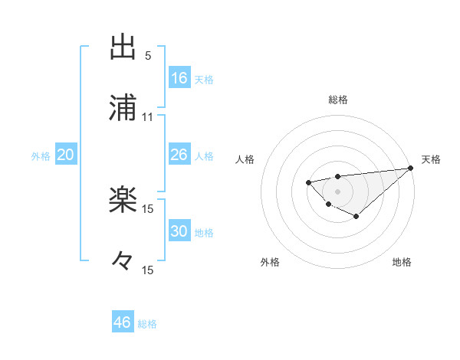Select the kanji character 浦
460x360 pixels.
coord(123,109)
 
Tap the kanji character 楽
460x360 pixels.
coord(123,201)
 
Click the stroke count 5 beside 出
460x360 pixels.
coord(148,56)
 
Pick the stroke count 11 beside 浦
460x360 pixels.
coord(148,117)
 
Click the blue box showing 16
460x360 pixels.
coord(179,78)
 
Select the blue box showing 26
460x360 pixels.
coord(179,155)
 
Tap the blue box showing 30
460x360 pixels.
coord(179,231)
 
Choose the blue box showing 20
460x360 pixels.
coord(65,155)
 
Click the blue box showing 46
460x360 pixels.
coord(123,322)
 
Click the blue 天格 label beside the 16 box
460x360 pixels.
coord(204,79)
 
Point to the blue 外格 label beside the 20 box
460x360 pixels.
coord(41,155)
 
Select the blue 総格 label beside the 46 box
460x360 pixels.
coord(147,323)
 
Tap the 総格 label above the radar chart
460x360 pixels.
coord(337,100)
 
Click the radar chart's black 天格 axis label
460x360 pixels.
coord(432,159)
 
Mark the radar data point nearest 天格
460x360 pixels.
coord(410,169)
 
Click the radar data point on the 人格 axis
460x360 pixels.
coord(308,182)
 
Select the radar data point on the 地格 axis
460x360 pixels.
coord(356,217)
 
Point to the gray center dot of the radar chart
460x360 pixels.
coord(337,191)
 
